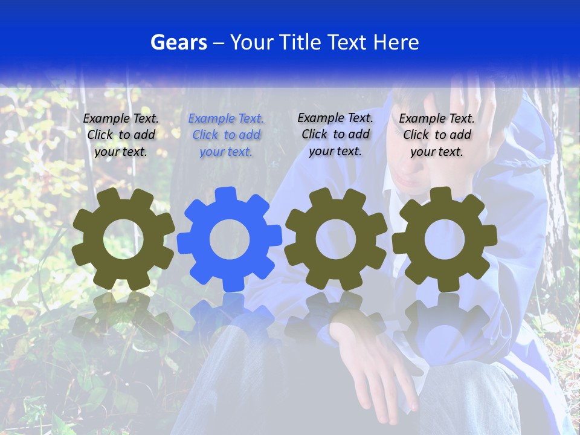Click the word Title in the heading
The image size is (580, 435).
[299, 42]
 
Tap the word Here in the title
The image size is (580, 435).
[395, 42]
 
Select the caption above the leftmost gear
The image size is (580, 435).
[121, 135]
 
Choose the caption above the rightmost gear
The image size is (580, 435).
[437, 135]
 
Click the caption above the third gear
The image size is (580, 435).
[335, 134]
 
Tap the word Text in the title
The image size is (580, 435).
[349, 42]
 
